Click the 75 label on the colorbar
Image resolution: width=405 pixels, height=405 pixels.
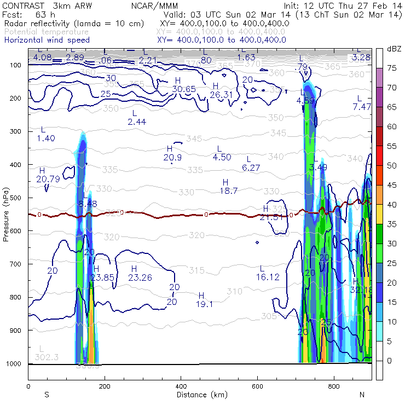coord(391,68)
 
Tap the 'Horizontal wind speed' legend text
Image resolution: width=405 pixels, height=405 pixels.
coord(47,40)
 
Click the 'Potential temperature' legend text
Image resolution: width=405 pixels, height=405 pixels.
coord(47,32)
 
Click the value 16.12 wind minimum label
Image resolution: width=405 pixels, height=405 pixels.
coord(268,277)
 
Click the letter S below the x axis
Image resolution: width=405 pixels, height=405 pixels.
coord(47,395)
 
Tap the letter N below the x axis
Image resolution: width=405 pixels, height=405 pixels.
coord(361,395)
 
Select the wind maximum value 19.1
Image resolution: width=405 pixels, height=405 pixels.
coord(204,304)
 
